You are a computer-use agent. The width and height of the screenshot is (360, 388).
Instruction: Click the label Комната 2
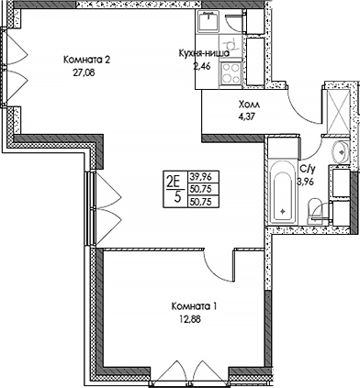(x=87, y=61)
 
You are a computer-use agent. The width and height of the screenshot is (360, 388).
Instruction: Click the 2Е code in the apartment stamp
(x=172, y=180)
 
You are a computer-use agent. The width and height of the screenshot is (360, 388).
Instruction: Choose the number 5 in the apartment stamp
(x=172, y=195)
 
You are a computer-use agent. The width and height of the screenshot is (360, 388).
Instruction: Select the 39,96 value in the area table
(x=199, y=175)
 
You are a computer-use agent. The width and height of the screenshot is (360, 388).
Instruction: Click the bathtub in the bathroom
(x=283, y=193)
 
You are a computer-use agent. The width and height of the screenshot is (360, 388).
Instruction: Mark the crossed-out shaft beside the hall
(x=337, y=110)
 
